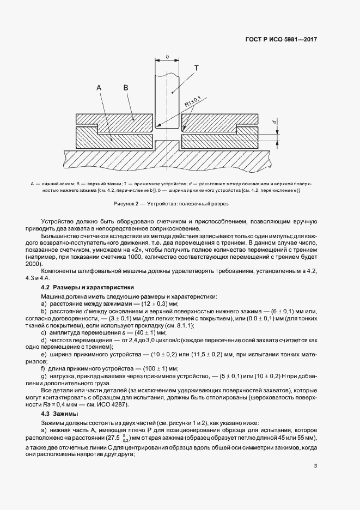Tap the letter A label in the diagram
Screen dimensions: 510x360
pyautogui.click(x=99, y=87)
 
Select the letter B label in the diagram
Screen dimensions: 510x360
pyautogui.click(x=126, y=87)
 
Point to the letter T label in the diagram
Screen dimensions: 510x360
pyautogui.click(x=196, y=68)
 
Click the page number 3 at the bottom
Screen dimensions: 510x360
pyautogui.click(x=316, y=465)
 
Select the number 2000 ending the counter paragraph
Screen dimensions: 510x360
pyautogui.click(x=49, y=263)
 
